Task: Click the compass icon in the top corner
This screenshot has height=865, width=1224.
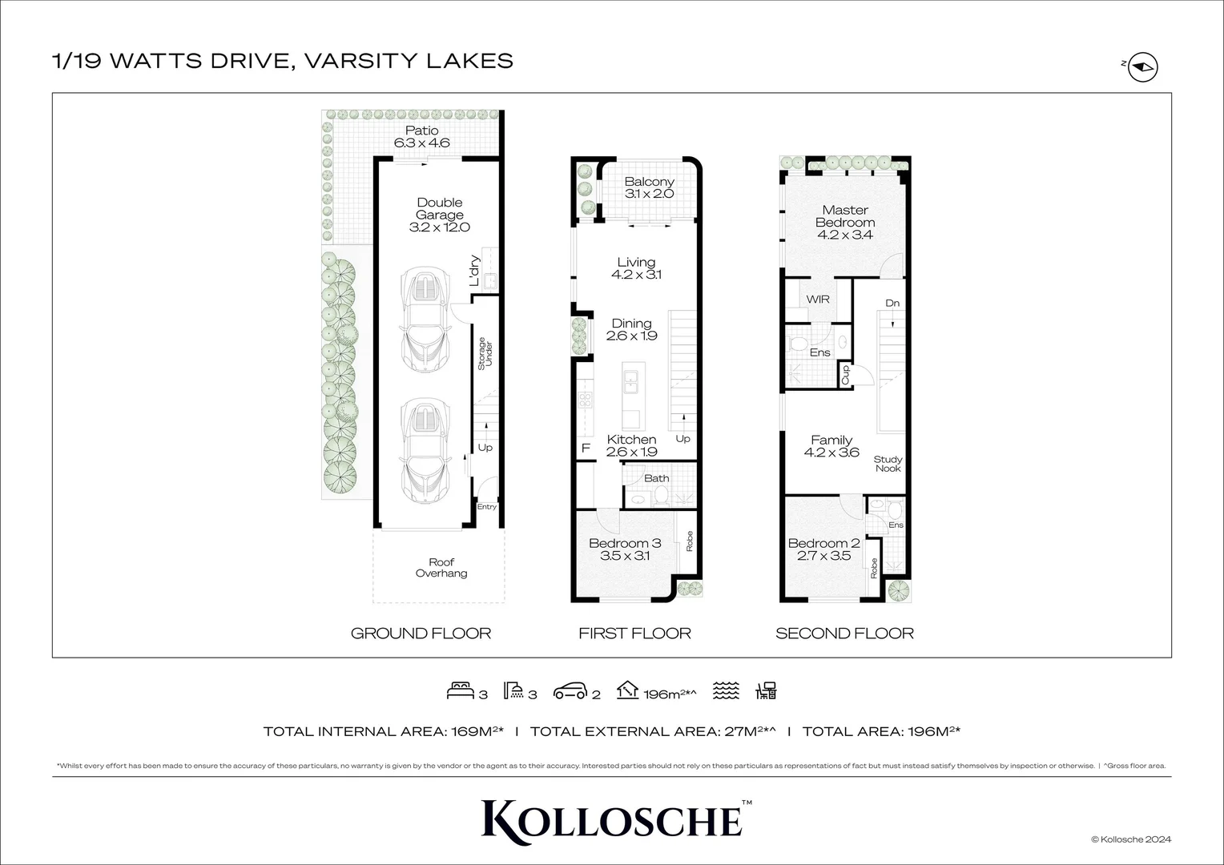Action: click(x=1143, y=69)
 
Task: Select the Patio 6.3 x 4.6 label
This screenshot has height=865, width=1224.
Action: click(x=421, y=137)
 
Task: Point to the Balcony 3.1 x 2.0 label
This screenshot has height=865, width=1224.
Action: click(x=649, y=187)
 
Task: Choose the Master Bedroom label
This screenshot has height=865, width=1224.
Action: click(x=845, y=216)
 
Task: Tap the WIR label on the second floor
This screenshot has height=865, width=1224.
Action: click(x=818, y=299)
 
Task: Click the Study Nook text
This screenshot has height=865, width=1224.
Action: click(x=888, y=464)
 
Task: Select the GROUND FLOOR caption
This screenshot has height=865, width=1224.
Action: click(x=421, y=634)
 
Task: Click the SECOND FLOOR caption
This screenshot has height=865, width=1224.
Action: click(x=844, y=634)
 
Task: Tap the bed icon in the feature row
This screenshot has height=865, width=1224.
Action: click(x=461, y=690)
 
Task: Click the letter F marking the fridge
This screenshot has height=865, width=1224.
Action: click(x=586, y=449)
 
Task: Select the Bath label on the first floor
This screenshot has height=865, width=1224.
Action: click(x=657, y=478)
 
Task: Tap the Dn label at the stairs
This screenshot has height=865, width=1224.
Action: click(x=892, y=303)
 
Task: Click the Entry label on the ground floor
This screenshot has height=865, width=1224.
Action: click(x=486, y=507)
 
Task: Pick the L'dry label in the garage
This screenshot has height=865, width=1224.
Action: click(x=474, y=271)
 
